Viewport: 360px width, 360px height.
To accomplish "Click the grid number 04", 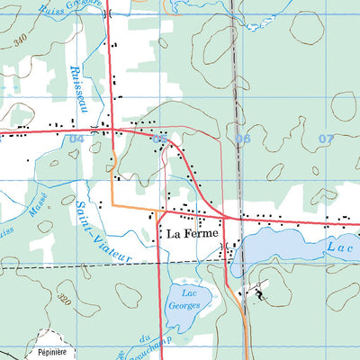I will pos(74,139).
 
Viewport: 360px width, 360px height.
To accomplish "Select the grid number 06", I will pos(243,139).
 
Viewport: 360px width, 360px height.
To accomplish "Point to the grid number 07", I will pos(326,139).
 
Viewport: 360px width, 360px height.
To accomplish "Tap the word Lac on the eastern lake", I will pos(336,245).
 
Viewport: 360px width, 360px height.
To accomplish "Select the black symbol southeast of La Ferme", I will pos(259,292).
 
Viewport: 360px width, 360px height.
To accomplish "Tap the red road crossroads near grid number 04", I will pos(110,132).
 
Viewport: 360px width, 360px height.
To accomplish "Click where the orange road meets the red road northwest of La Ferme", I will pos(158,214).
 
